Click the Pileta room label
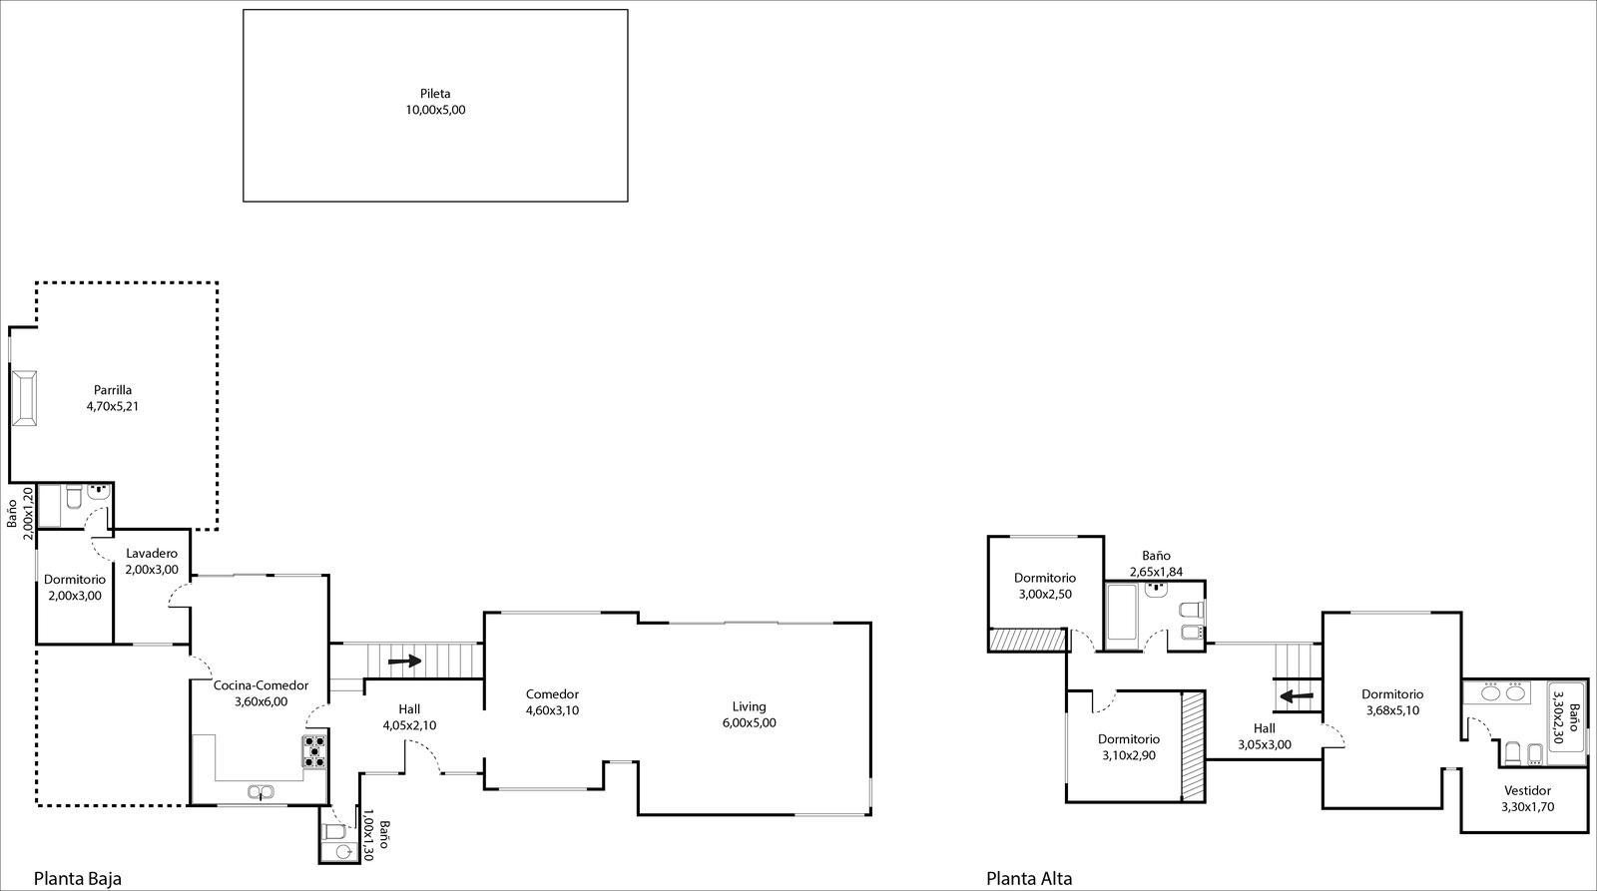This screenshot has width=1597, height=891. tap(435, 94)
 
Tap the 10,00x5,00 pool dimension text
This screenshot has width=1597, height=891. tap(435, 110)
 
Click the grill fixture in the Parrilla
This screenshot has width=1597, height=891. tap(24, 398)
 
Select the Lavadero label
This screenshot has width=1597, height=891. tap(152, 553)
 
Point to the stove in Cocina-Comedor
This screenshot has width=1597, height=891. tap(314, 751)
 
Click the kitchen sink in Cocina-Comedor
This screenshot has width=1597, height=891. tap(261, 792)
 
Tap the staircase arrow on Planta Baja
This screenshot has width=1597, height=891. tap(405, 661)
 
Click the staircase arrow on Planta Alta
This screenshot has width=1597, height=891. tap(1297, 695)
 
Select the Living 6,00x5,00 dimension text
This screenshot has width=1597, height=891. tap(750, 722)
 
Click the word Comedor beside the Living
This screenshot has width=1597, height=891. tap(553, 694)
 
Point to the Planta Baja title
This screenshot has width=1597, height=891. tap(78, 878)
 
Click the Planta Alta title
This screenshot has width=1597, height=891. tap(1029, 879)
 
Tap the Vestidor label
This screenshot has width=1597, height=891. tap(1528, 790)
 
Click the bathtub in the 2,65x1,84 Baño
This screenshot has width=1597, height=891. tap(1121, 613)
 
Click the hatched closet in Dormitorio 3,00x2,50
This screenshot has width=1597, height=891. tap(1027, 641)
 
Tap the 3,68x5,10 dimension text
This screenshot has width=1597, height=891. tap(1392, 710)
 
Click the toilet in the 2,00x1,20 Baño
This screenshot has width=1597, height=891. tap(74, 497)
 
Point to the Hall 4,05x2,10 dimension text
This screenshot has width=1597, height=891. tap(409, 726)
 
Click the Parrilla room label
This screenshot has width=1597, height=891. tap(113, 390)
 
